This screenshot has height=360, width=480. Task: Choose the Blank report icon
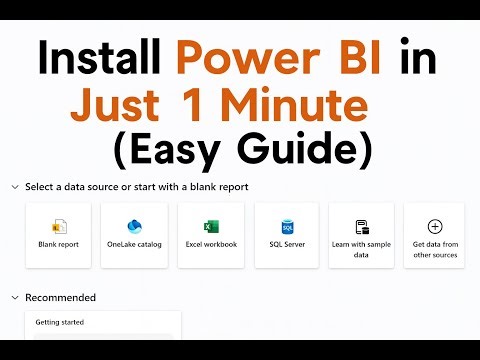click(58, 227)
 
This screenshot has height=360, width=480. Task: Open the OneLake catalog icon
click(135, 227)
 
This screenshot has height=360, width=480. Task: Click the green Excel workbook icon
click(211, 227)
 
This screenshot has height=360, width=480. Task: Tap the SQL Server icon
click(287, 227)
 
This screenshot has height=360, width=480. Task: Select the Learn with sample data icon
click(363, 227)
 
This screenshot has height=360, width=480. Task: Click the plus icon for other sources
click(434, 227)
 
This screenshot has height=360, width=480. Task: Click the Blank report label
click(58, 244)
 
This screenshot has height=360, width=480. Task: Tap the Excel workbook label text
click(211, 244)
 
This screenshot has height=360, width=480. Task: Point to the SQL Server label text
click(287, 244)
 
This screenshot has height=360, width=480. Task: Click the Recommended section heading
click(61, 297)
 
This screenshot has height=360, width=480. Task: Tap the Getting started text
click(61, 322)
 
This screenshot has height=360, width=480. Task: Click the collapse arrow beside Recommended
click(14, 297)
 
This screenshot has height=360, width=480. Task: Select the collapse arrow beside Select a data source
click(14, 187)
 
